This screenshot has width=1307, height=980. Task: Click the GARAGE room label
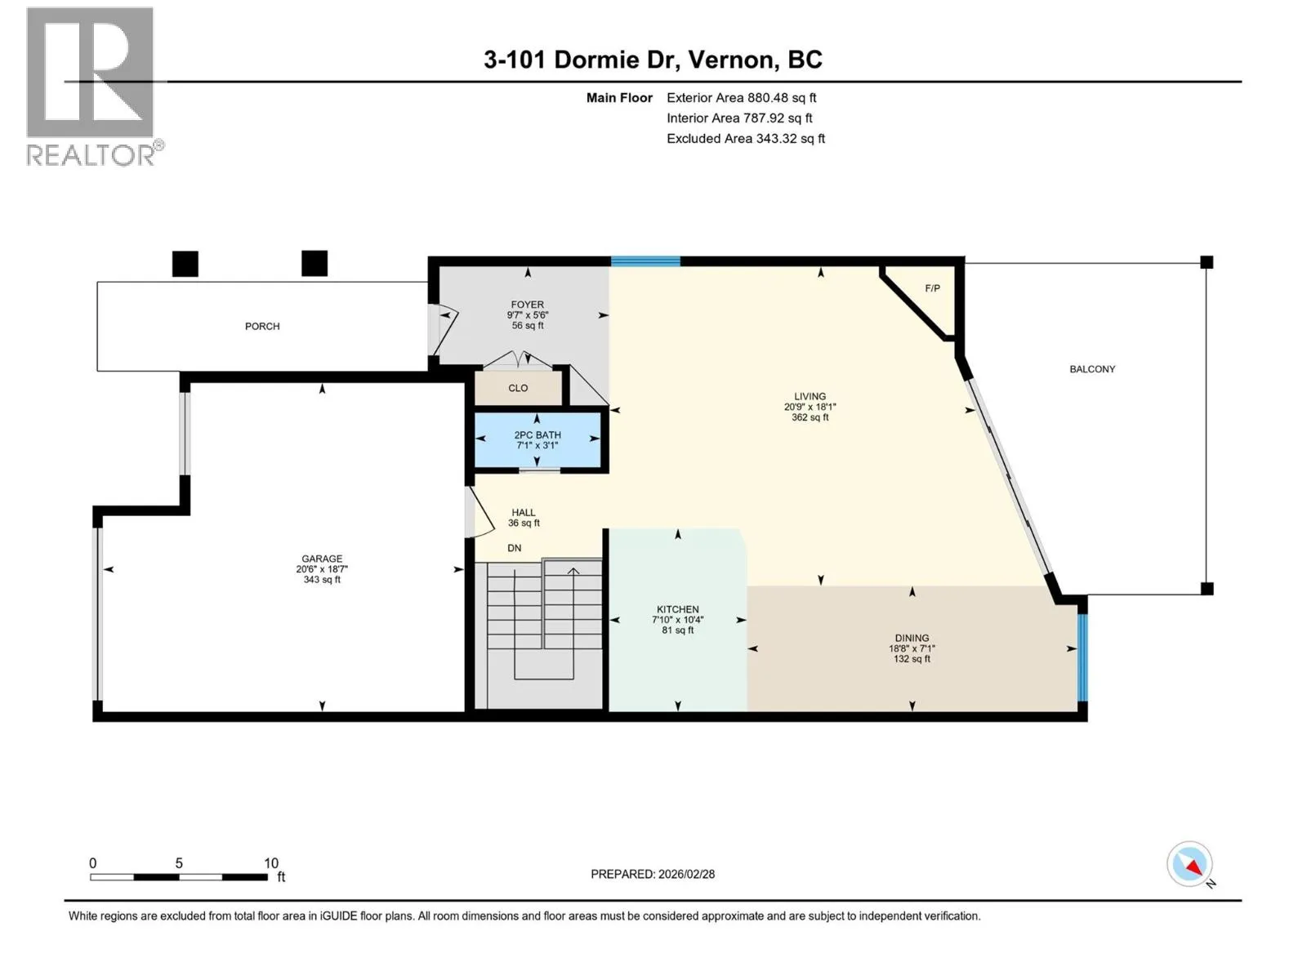pos(322,558)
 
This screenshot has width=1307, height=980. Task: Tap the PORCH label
pos(262,326)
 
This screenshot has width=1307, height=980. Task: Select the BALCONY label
pos(1092,369)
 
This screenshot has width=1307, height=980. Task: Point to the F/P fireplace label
pos(932,288)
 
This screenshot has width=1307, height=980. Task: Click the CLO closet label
pos(517,388)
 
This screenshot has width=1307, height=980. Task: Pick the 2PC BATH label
pos(537,435)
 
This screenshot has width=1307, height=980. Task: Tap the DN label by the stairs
pos(514,548)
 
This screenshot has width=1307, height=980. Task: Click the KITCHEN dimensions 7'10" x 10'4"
pos(677,619)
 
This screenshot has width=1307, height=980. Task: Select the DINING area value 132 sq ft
pos(911,659)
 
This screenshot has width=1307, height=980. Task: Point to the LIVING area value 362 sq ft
pos(810,417)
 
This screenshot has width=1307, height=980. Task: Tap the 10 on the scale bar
pos(271,862)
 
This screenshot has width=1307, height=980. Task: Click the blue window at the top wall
pos(645,261)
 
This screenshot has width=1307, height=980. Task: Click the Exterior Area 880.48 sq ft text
pos(742,97)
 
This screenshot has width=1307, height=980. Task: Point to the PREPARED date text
pos(653,874)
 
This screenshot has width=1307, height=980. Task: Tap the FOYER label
pos(527,304)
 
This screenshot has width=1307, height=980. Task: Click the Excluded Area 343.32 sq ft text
pos(746,139)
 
